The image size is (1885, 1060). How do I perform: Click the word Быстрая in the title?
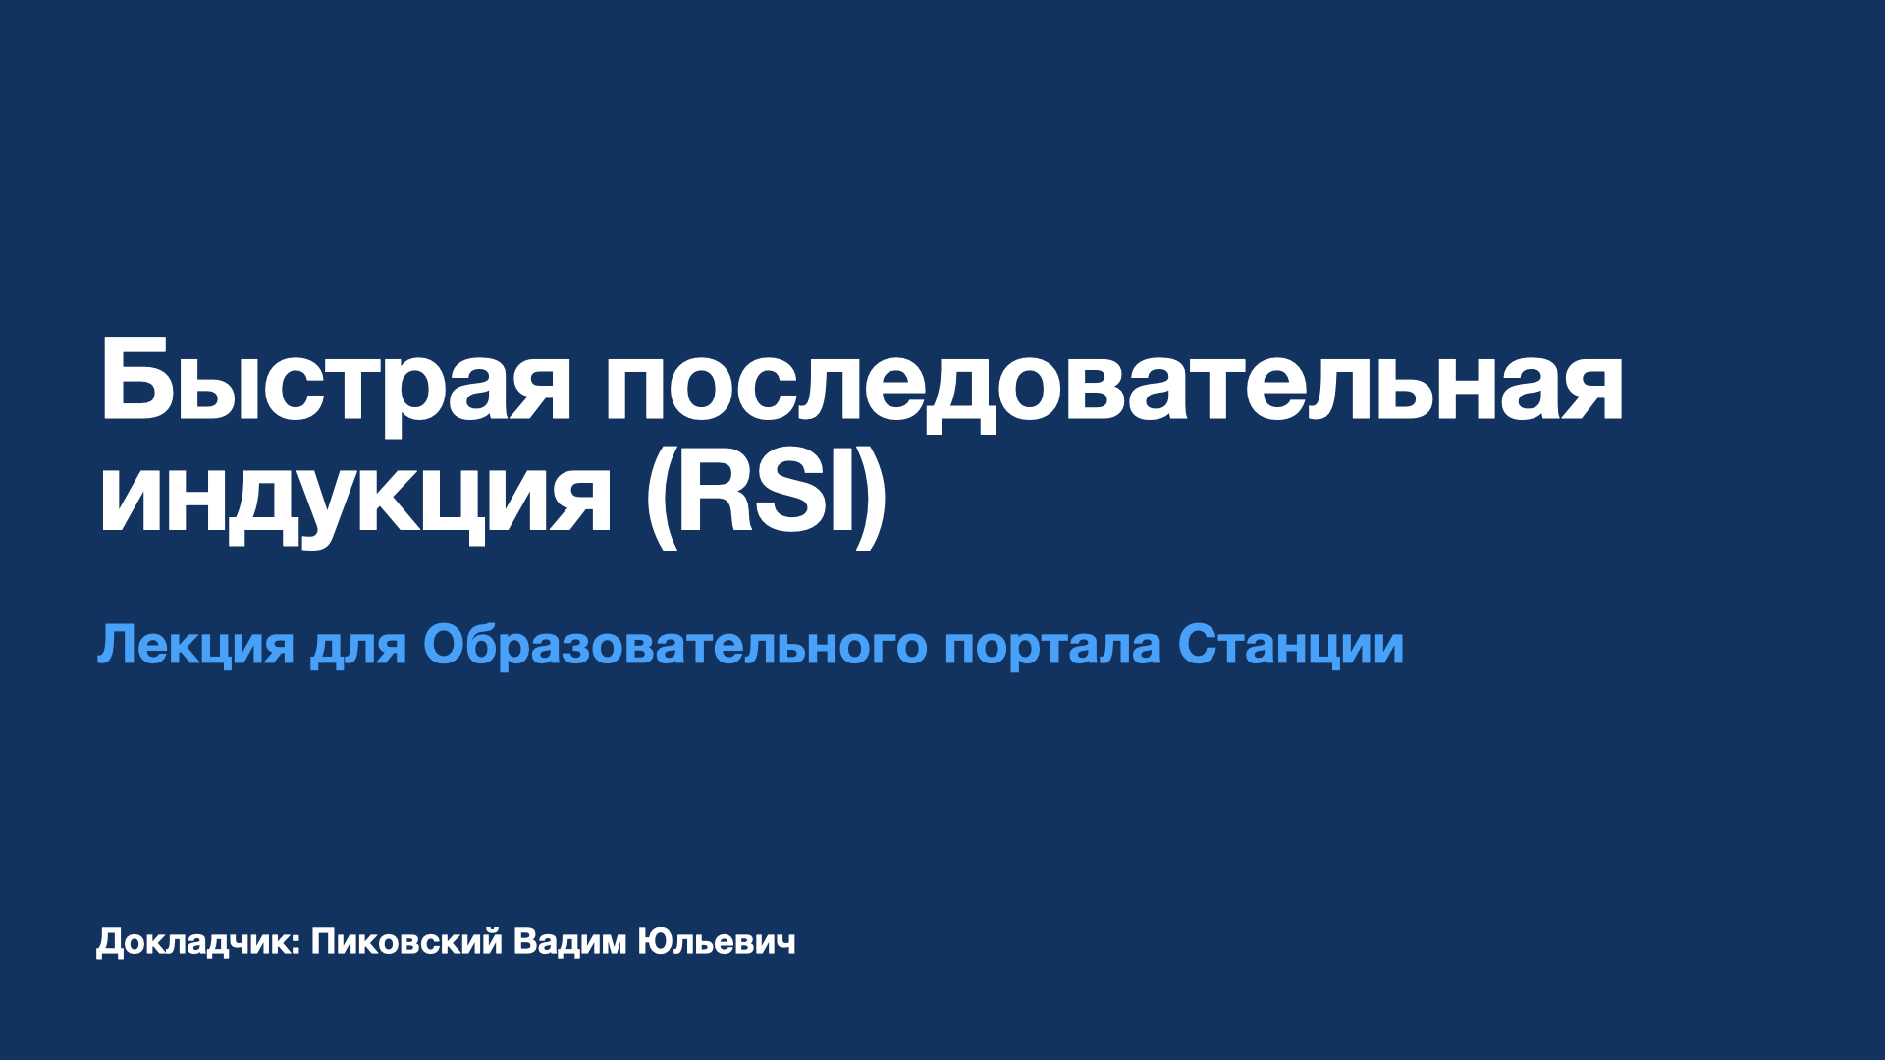point(334,383)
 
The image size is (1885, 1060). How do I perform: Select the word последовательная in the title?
point(1114,383)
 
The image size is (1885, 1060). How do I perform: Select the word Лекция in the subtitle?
point(195,645)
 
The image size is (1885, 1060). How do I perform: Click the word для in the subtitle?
point(358,647)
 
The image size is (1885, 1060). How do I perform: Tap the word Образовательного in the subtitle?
point(674,645)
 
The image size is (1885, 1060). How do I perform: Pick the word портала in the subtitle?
point(1051,647)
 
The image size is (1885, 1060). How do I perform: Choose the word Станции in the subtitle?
point(1291,645)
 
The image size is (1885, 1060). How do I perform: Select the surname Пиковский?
point(406,942)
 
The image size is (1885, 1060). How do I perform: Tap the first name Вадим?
point(569,942)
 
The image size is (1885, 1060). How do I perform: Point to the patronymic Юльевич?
point(717,942)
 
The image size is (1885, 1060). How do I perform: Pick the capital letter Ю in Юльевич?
point(653,942)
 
